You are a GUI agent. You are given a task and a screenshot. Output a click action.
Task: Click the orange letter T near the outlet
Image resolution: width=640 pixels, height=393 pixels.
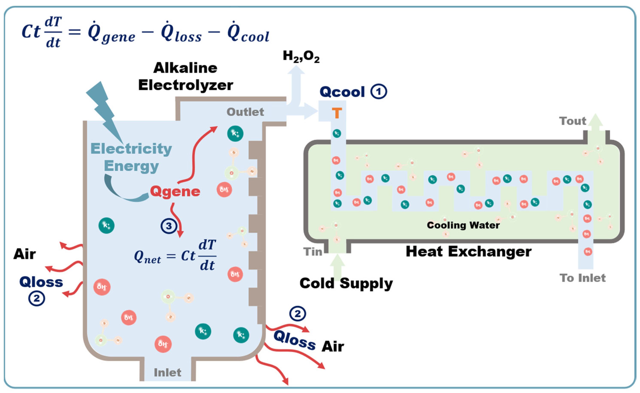(337, 113)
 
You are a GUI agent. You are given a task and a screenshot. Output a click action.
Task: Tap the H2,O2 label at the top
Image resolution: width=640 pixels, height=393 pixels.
(301, 56)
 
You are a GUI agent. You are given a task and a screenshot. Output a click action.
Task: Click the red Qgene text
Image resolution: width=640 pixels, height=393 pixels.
(175, 192)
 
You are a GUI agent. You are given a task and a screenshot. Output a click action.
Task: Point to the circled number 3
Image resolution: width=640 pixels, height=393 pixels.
(169, 226)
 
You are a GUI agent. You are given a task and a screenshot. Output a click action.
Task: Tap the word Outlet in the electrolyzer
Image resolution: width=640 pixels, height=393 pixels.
(245, 112)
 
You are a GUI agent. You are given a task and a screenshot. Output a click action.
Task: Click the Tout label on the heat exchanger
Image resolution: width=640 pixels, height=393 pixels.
(573, 121)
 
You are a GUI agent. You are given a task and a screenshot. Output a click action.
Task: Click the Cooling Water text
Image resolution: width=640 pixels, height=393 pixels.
(463, 225)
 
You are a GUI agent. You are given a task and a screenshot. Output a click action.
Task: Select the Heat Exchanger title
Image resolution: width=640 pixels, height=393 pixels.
(468, 252)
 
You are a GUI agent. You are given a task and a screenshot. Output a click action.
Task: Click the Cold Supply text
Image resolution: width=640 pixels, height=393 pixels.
(346, 283)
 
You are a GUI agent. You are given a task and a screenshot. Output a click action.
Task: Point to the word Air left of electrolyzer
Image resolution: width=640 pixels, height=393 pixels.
(24, 254)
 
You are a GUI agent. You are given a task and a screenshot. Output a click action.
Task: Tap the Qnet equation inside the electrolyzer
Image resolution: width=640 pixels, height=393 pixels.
(175, 256)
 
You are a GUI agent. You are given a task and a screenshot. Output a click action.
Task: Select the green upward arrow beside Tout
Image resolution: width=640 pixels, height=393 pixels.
(595, 127)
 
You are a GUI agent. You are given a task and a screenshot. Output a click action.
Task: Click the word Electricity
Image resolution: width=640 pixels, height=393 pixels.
(131, 149)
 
